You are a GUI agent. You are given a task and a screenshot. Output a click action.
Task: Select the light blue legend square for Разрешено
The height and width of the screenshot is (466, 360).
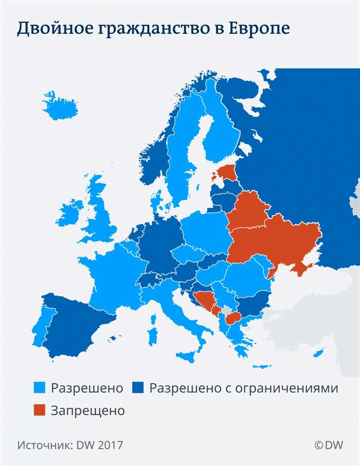40,388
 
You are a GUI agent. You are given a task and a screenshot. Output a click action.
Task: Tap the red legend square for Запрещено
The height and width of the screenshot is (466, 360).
40,410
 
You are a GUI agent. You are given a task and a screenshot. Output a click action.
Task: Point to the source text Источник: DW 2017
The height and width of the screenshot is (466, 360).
70,445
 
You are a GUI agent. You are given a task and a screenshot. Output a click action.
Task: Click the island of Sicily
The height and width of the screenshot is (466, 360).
188,356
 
